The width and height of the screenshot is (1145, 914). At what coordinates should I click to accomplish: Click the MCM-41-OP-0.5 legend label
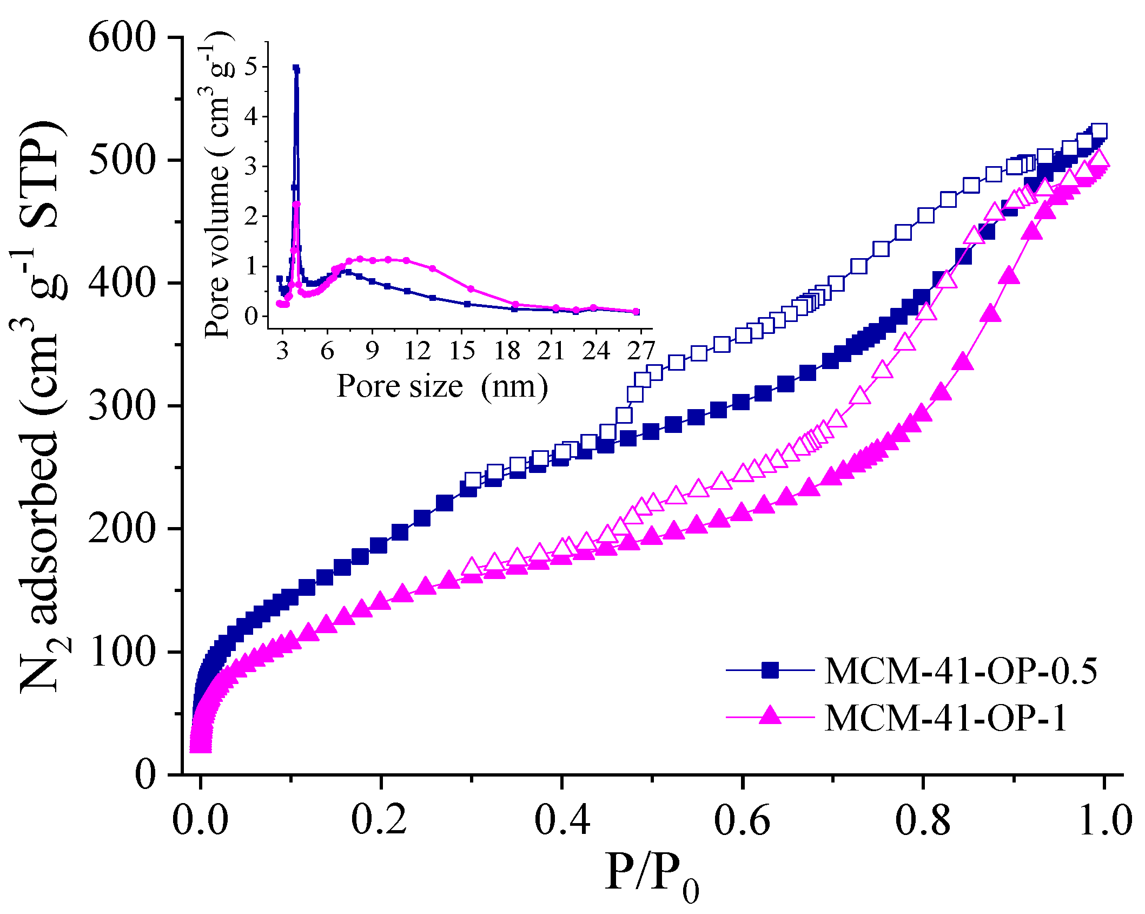click(x=961, y=672)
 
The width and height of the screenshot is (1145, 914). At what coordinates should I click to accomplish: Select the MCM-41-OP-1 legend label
click(x=945, y=718)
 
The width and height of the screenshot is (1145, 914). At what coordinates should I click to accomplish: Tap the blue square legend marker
click(x=770, y=670)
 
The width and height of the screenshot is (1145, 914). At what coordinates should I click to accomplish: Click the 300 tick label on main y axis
click(x=122, y=406)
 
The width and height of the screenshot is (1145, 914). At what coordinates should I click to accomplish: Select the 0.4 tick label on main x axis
click(x=562, y=820)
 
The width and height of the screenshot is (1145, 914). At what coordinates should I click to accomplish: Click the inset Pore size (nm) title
click(x=442, y=386)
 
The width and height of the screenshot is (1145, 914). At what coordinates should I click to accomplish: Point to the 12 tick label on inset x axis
click(x=417, y=351)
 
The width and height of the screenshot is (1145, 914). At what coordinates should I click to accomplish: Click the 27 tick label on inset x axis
click(x=641, y=351)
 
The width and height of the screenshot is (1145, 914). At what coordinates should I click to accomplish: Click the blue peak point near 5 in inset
click(x=296, y=69)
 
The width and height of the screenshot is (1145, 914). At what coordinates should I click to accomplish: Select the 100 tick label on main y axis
click(x=122, y=652)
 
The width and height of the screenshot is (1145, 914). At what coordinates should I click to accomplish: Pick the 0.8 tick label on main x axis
click(x=923, y=820)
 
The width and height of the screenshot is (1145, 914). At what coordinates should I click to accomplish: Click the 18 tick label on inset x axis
click(x=507, y=351)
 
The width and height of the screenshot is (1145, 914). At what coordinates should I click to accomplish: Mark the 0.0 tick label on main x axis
click(x=200, y=820)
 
